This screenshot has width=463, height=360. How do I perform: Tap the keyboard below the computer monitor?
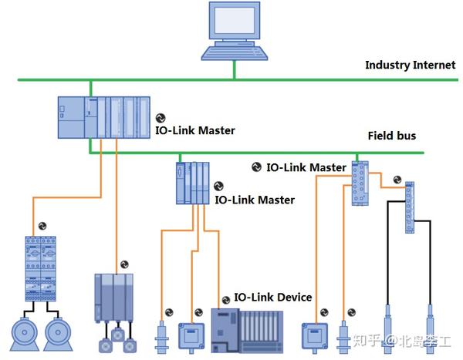pos(235,52)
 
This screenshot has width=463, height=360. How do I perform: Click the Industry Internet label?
pos(410,65)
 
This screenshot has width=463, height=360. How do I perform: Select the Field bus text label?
pos(391,136)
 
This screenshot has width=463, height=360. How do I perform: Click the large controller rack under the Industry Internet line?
pos(103,116)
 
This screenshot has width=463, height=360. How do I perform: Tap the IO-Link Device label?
pos(273,298)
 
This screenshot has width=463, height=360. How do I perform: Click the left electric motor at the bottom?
pos(25,333)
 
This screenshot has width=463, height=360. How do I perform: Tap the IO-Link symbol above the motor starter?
pos(42,224)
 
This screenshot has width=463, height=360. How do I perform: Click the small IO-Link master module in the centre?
pos(192,183)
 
